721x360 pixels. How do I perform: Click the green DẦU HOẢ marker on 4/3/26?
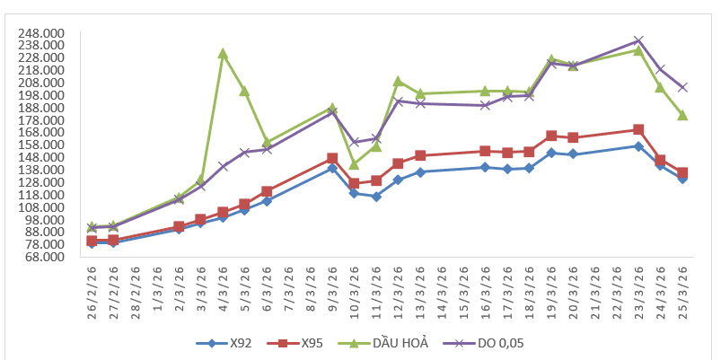pos(223,54)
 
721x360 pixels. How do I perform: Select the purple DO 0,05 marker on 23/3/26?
pos(638,40)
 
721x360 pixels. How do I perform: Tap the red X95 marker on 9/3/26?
pos(332,158)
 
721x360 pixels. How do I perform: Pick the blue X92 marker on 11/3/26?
pos(376,197)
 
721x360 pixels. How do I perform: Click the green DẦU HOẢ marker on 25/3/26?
pos(682,115)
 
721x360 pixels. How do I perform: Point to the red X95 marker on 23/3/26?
pos(638,129)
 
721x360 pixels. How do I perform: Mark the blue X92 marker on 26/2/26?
pos(92,242)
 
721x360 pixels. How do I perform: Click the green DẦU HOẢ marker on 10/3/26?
pos(354,164)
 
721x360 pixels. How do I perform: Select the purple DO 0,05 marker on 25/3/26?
pos(682,87)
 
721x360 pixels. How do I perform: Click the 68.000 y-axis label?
pos(42,257)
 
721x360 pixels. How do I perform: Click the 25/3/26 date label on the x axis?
pos(683,289)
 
